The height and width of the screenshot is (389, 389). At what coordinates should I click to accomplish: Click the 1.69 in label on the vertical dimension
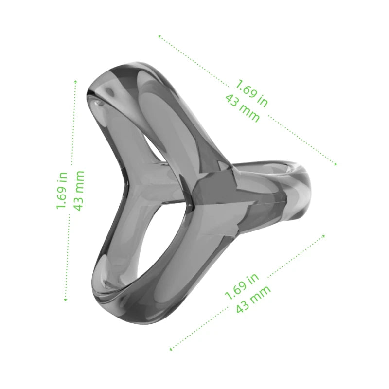pos(62,190)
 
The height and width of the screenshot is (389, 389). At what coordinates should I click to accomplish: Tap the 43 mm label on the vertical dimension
pos(78,190)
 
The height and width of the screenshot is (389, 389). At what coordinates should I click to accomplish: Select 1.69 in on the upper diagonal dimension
pos(251,93)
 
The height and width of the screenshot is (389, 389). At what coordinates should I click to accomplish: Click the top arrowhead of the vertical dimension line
pos(75,82)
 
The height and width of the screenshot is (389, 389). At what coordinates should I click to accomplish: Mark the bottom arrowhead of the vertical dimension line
pos(65,300)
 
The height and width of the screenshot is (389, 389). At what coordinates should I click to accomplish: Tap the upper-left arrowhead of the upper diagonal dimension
pos(159,36)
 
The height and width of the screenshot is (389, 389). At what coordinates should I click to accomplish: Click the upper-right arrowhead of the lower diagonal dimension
pos(324,236)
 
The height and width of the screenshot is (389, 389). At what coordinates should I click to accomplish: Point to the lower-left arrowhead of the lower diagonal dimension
pos(170,349)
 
